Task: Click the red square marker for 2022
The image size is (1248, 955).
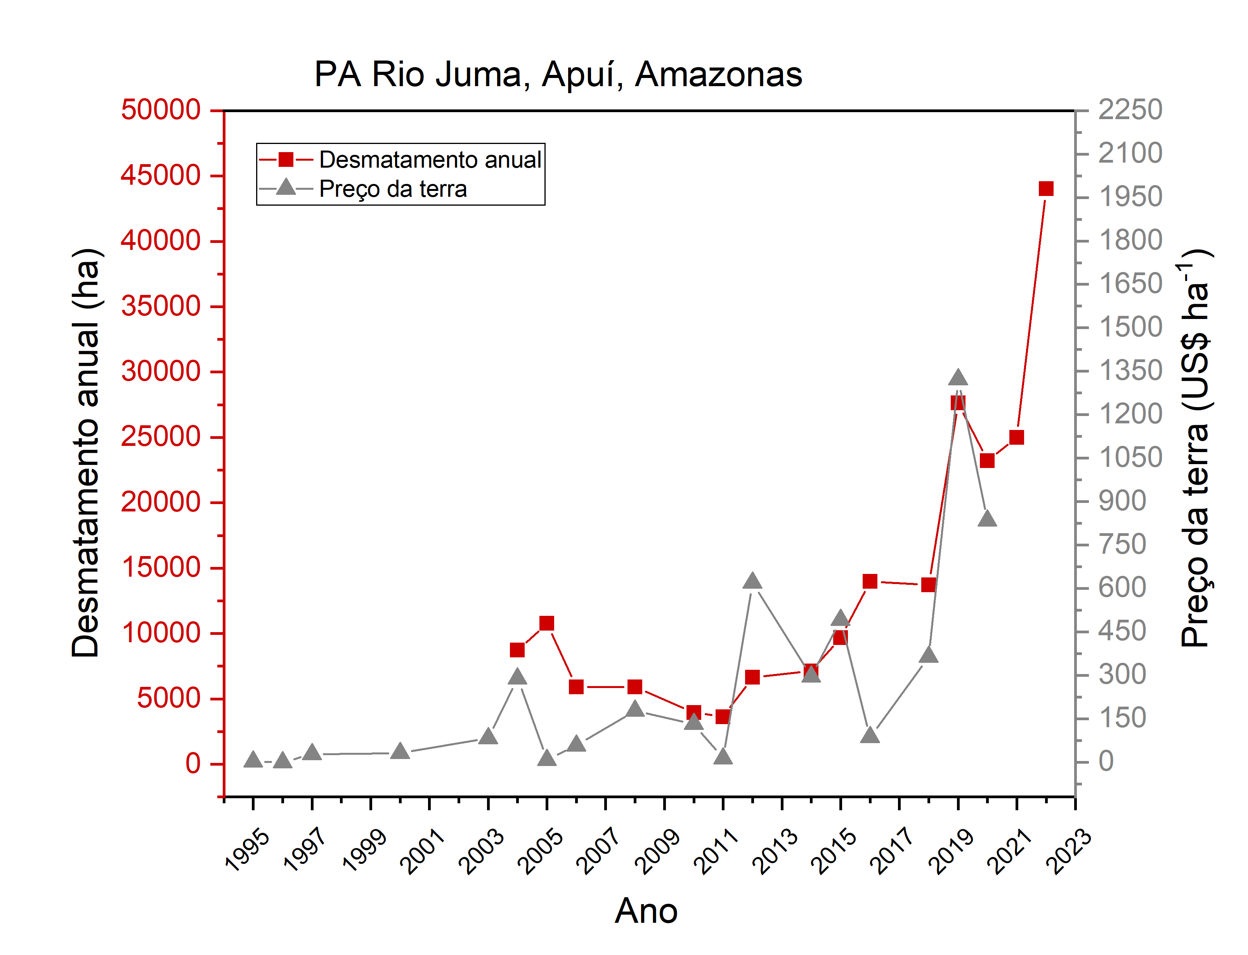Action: (x=1046, y=189)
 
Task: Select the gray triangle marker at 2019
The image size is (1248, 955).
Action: (x=958, y=378)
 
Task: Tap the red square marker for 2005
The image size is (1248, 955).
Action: (x=547, y=624)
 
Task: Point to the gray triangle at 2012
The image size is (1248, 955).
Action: (x=752, y=581)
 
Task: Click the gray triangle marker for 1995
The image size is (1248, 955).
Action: (x=253, y=759)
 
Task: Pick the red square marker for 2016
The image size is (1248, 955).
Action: (x=870, y=581)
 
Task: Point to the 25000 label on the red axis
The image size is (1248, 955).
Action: (x=161, y=437)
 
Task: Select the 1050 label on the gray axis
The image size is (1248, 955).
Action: (x=1130, y=458)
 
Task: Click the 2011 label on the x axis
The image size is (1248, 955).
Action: (x=716, y=851)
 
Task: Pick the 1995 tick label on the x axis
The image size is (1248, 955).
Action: (x=247, y=851)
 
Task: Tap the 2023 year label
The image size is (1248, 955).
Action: (x=1068, y=851)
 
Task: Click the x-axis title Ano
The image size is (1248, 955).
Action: (x=646, y=911)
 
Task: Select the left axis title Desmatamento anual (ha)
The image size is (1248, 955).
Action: (x=87, y=453)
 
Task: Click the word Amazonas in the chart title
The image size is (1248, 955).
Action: (x=718, y=75)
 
